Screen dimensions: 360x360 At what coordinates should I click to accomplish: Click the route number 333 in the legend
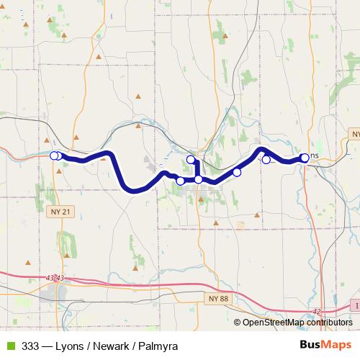31,346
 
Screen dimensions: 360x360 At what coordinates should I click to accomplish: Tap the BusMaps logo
325,345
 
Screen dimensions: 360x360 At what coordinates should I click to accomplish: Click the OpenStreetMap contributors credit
297,323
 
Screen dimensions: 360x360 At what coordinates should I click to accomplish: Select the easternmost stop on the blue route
305,158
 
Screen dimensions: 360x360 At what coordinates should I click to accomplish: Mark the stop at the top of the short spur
191,160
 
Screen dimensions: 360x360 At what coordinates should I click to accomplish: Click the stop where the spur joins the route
198,179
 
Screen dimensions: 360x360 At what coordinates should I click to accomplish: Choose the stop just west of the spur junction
180,181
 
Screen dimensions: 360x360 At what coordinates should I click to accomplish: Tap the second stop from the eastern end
266,160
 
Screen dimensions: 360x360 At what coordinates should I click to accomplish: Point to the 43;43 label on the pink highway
54,278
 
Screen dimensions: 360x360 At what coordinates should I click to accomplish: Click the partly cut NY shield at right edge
354,135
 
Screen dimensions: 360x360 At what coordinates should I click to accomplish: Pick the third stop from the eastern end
237,172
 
